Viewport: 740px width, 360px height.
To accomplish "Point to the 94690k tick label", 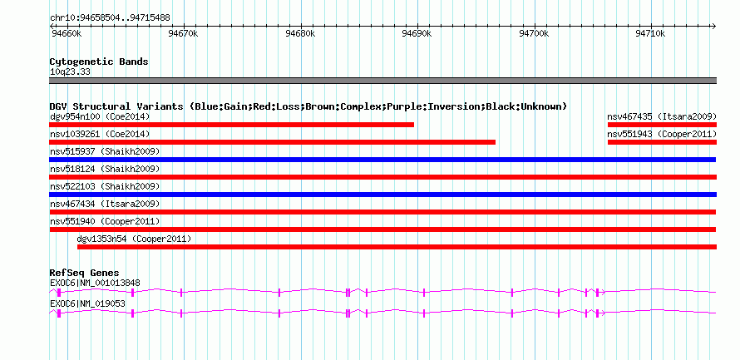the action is [417, 34].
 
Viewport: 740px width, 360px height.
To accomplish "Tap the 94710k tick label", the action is [651, 34].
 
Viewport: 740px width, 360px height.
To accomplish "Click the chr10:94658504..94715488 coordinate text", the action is [110, 18].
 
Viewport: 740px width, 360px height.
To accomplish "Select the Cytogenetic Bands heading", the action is [99, 62].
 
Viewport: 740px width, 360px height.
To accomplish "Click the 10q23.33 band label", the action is [70, 72].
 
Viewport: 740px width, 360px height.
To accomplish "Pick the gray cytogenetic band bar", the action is [382, 81].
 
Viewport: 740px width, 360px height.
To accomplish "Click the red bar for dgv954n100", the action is [231, 125].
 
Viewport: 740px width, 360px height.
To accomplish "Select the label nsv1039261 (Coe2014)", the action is [100, 134].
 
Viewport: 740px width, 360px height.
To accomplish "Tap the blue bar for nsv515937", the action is [382, 160].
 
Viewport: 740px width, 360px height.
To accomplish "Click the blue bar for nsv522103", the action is [382, 195].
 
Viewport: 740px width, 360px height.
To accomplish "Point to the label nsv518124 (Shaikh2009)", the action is [105, 169].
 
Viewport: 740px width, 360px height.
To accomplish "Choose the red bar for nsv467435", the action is [662, 125].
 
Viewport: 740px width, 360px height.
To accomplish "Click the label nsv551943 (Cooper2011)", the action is [662, 134].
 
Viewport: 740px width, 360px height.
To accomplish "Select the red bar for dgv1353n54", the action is [397, 247].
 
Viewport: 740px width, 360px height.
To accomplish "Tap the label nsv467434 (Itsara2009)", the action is [105, 204].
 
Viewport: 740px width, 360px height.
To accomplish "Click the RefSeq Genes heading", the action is [85, 273].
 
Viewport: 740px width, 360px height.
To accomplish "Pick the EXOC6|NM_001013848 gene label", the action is [95, 283].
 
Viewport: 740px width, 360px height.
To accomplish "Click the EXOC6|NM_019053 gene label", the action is [87, 303].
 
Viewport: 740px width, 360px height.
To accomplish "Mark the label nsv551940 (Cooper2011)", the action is [105, 221].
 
